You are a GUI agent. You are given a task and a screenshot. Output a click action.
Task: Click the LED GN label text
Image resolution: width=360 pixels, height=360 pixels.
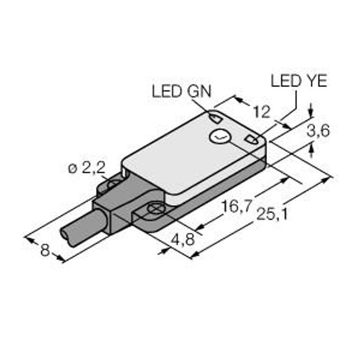181,91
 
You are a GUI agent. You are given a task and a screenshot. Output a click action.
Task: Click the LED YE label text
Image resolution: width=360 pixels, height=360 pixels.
299,81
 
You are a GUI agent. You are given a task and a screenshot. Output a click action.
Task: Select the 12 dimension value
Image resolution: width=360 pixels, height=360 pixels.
262,112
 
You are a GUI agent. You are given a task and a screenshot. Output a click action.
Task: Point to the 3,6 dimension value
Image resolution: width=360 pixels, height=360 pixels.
318,131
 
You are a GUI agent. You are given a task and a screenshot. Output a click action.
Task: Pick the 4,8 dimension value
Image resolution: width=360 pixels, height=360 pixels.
183,240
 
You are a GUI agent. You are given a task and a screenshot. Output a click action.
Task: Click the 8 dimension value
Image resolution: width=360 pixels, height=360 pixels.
45,250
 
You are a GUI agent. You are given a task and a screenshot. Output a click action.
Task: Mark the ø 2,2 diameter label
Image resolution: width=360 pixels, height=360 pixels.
87,169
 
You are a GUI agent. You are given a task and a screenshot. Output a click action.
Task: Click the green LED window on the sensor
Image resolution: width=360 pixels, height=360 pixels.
215,118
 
